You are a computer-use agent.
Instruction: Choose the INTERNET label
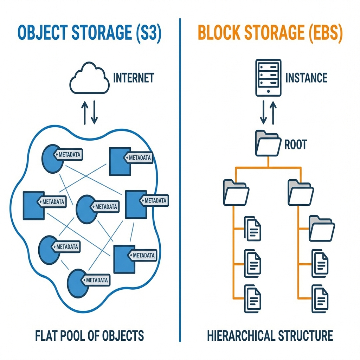[x=133, y=78]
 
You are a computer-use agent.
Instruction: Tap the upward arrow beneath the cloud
[x=84, y=113]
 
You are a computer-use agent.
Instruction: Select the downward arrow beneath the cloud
[x=94, y=113]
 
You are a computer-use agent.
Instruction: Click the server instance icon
[x=268, y=77]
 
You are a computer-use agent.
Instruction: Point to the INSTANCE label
[x=306, y=78]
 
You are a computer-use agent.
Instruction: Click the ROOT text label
[x=295, y=144]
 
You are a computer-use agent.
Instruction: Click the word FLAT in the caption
[x=47, y=335]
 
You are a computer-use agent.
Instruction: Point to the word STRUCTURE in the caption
[x=306, y=335]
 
